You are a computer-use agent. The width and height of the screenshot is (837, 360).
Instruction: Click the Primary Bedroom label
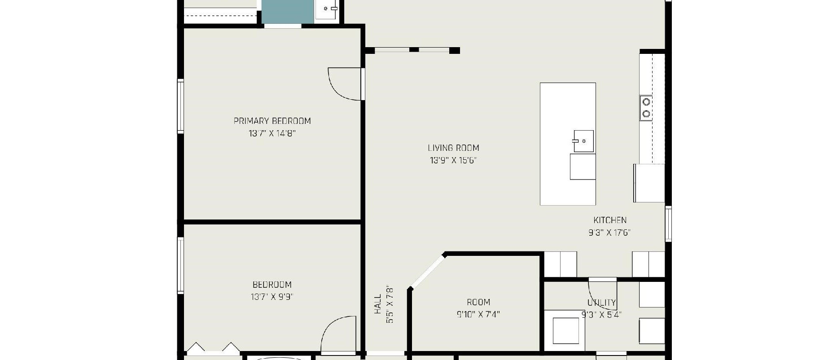272,121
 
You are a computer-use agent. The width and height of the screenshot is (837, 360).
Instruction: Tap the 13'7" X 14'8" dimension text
272,133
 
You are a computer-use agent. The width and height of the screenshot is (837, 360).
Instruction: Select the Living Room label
453,148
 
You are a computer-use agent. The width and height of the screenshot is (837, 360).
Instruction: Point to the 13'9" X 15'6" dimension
453,160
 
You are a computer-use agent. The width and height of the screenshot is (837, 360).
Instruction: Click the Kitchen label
610,220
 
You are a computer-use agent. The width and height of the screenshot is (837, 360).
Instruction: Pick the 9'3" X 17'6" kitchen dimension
610,233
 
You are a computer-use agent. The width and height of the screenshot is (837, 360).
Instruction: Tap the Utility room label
602,303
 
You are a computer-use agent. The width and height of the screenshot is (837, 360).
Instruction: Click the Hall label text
377,304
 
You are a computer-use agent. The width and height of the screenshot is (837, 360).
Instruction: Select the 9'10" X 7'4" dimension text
478,314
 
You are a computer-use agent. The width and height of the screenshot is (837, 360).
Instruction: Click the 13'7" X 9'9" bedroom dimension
272,297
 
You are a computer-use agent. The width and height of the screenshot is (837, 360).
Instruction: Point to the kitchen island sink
583,141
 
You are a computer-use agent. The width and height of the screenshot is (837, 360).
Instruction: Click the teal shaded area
288,11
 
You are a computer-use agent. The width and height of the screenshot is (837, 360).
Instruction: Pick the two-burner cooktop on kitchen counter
646,108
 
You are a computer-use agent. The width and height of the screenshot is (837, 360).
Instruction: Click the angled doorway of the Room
427,271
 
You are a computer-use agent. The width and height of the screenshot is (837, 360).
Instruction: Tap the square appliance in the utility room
565,331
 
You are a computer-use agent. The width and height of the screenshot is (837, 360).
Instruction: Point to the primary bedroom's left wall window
180,106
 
